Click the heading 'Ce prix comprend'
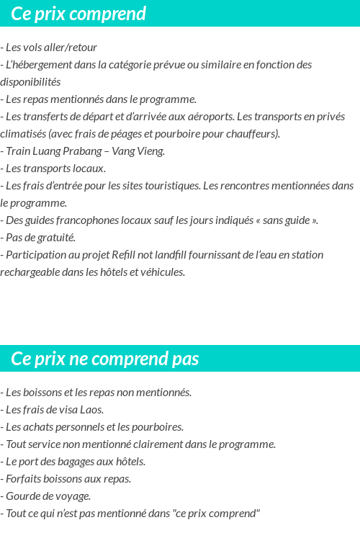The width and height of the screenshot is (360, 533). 78,14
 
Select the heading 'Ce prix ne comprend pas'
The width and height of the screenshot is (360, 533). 105,359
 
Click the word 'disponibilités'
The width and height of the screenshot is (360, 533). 30,82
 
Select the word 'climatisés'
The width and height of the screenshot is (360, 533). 24,134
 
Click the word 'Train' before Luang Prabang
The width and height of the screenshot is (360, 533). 17,151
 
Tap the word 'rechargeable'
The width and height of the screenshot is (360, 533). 30,272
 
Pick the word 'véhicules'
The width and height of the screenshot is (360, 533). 163,272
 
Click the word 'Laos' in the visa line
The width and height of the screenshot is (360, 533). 91,411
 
